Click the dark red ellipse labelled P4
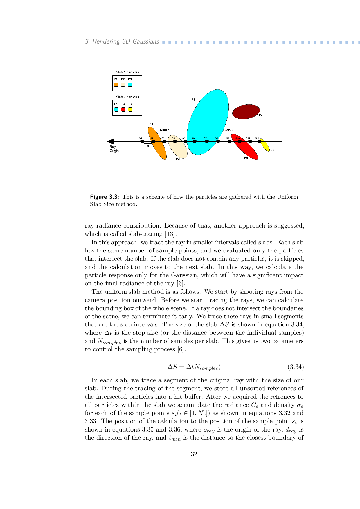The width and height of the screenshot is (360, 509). point(246,111)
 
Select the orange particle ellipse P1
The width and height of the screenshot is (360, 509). point(158,144)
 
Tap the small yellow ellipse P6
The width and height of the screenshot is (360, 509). point(264,145)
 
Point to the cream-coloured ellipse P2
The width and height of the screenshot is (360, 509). point(178,147)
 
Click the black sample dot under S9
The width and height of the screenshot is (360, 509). point(229,142)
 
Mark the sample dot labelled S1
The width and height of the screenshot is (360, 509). point(142,142)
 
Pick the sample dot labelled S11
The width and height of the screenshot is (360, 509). point(250,142)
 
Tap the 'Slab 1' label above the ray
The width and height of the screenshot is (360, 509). point(165,130)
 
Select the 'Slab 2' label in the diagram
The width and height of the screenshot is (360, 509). point(228,130)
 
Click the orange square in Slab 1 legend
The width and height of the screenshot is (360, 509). point(116,85)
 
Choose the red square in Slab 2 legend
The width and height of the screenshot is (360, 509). point(123,110)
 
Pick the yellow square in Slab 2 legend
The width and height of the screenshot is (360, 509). point(130,110)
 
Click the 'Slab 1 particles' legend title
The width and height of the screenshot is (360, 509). point(127,72)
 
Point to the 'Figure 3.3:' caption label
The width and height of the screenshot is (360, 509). point(105,197)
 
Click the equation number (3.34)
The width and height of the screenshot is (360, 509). point(296,367)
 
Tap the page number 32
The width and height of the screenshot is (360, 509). point(194,454)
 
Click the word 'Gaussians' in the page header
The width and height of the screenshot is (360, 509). point(146,41)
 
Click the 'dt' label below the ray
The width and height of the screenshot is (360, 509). point(147,146)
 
